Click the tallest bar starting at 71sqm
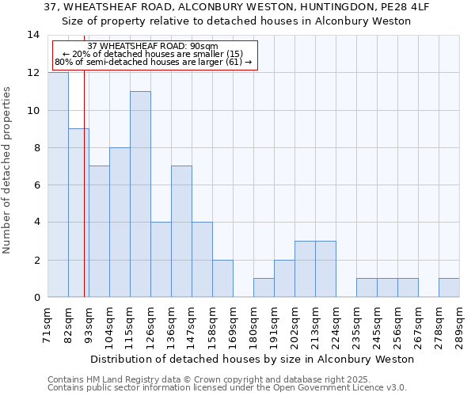58,185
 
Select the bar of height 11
140,194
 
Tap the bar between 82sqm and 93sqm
78,212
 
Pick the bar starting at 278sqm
449,287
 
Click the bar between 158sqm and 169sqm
222,278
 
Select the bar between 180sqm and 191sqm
264,287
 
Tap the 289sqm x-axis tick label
459,326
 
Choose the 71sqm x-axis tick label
47,326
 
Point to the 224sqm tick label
336,326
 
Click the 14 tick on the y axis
33,35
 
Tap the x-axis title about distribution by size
253,359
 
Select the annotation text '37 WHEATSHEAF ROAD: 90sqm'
153,47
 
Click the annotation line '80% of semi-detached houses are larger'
153,62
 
